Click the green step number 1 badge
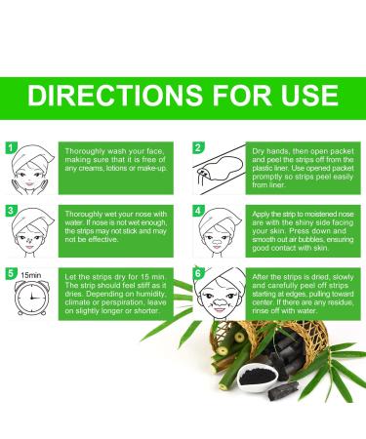11,148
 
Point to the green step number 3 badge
11,210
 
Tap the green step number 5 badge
11,272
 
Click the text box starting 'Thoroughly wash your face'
114,169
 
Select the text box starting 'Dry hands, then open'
302,168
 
